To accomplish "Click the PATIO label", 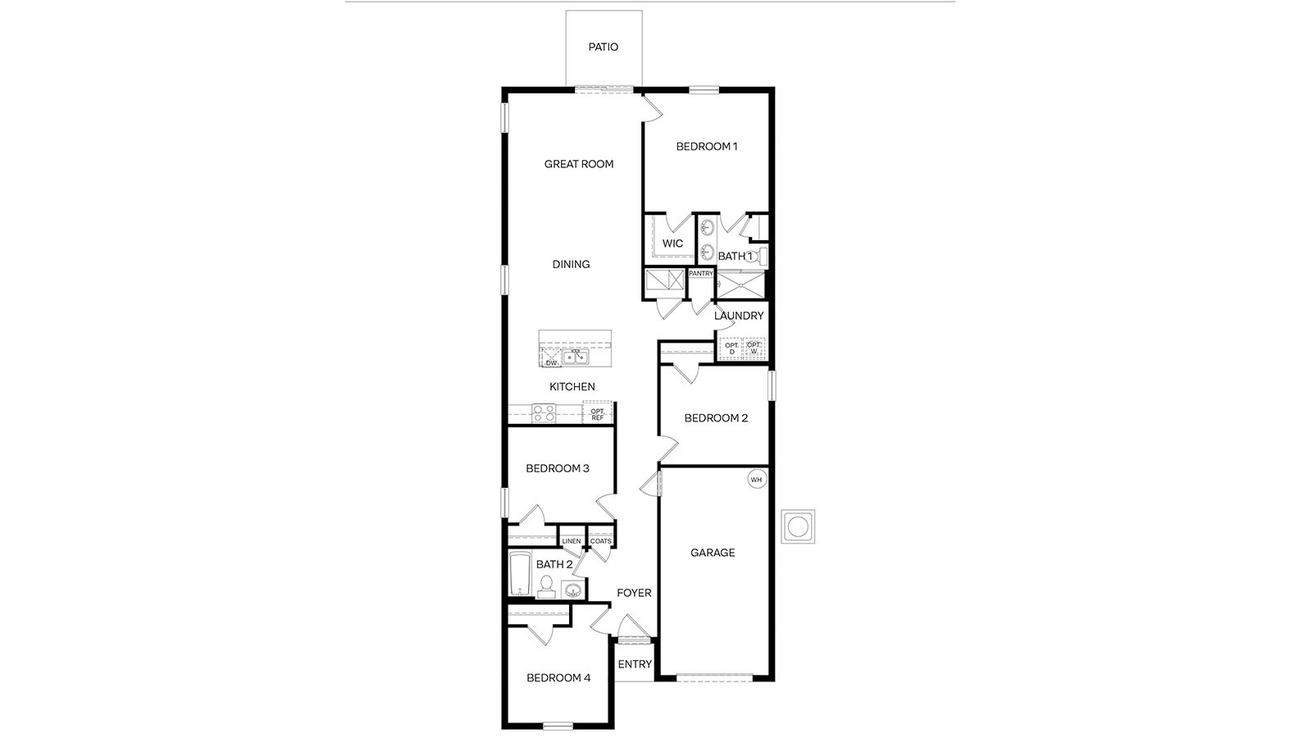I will (x=603, y=48).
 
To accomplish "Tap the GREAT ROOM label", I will (x=579, y=164).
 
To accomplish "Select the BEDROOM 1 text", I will (x=707, y=147).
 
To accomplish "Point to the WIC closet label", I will (x=672, y=244).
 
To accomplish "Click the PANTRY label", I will (x=701, y=274).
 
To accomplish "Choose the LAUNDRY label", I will (x=739, y=316).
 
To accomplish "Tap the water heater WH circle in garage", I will (x=756, y=480).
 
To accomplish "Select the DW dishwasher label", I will (x=551, y=362).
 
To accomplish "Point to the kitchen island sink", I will (x=576, y=357).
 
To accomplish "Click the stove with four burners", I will (x=544, y=413).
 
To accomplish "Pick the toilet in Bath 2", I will (x=545, y=585).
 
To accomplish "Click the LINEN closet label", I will (x=572, y=541).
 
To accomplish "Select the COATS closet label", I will (x=601, y=541).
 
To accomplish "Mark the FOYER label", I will (x=634, y=593).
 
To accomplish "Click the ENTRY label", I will (x=634, y=664).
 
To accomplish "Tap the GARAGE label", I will (x=713, y=553).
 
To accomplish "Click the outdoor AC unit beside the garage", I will (x=798, y=526).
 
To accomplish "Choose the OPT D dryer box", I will (x=731, y=348).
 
